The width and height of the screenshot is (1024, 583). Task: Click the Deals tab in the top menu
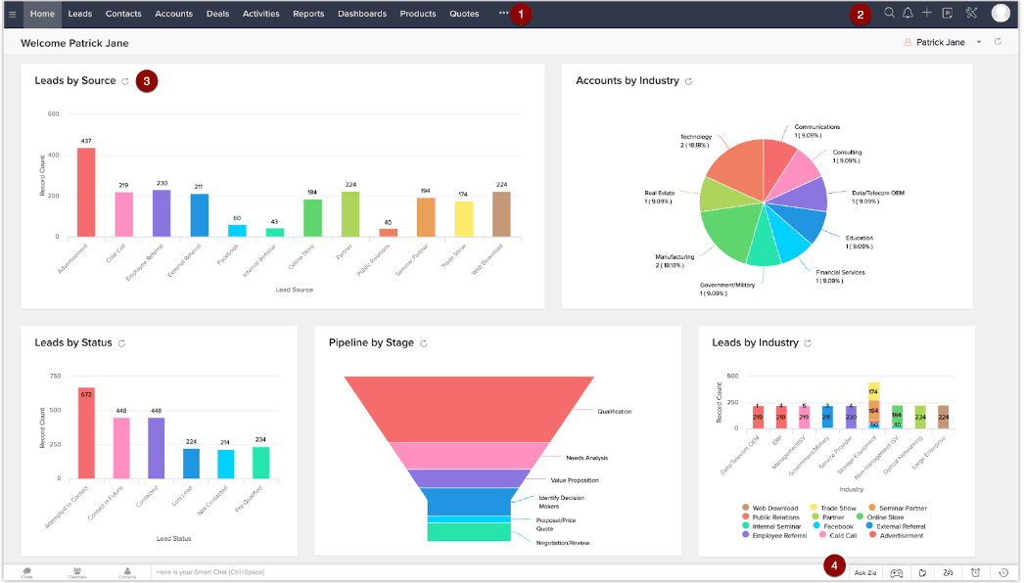tap(217, 14)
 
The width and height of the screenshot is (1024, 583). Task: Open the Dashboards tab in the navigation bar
tap(362, 14)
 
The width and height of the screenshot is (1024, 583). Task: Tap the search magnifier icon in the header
tap(889, 14)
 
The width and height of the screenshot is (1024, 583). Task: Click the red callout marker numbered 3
tap(147, 80)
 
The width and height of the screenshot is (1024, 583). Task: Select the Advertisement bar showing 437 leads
tap(86, 192)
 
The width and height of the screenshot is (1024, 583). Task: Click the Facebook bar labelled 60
tap(237, 231)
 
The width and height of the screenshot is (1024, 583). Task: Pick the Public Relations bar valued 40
tap(389, 233)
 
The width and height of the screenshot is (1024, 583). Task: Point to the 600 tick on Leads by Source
tap(53, 114)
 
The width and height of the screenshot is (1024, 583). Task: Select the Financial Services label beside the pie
tap(840, 272)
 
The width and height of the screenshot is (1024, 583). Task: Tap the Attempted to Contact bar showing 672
tap(86, 432)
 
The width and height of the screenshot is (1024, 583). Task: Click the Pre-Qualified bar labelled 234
tap(260, 462)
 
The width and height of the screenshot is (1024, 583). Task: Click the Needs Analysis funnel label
tap(587, 458)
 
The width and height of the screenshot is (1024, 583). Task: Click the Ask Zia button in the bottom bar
tap(865, 572)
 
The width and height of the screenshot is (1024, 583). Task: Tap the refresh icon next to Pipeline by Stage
tap(424, 343)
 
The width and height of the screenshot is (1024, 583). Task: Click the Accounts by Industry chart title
tap(627, 80)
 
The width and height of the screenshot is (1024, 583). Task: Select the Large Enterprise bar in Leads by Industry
tap(944, 417)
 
